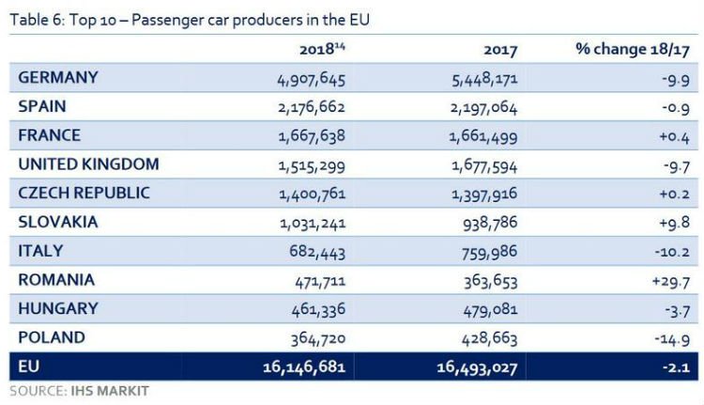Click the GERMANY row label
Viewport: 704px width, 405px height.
(57, 77)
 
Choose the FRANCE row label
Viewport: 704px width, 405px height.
(49, 135)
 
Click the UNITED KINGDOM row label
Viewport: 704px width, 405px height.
(88, 164)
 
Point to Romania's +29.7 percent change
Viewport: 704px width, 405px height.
(672, 280)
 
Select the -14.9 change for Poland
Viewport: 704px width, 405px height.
(676, 337)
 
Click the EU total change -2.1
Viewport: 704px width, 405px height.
(679, 366)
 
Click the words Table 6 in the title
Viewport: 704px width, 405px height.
(30, 19)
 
